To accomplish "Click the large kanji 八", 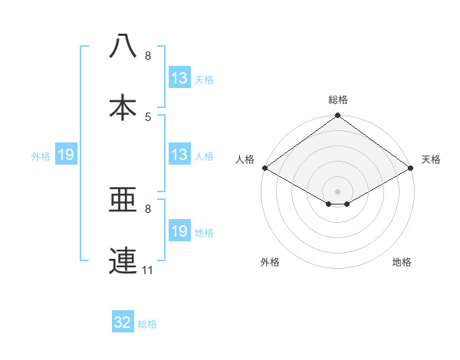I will [x=123, y=46].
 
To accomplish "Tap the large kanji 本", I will [x=123, y=106].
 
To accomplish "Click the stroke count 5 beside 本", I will [x=148, y=116].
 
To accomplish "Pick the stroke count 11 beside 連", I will [x=148, y=270].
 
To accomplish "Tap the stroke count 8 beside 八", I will [x=148, y=56].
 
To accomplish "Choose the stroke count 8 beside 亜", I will [x=148, y=208].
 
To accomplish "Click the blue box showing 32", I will [x=123, y=322].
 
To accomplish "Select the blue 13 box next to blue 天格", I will [x=179, y=78].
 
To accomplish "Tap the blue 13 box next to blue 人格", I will [x=179, y=155].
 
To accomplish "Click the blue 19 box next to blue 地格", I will [x=179, y=231].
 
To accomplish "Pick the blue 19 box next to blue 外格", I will [x=66, y=155].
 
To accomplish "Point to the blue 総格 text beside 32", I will [x=147, y=324].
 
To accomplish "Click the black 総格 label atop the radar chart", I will [x=338, y=100].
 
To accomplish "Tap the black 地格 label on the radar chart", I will [x=402, y=262].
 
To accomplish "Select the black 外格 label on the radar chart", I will [x=270, y=262].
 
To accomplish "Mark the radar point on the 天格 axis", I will [x=412, y=168].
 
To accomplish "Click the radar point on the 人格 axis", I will [x=264, y=168].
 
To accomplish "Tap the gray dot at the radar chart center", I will [x=337, y=191].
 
